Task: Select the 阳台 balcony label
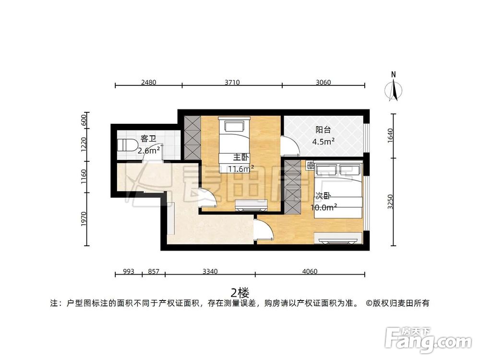[323, 130]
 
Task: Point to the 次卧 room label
[323, 196]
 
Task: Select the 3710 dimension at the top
[232, 82]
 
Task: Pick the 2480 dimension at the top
[148, 82]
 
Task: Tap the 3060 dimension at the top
[323, 82]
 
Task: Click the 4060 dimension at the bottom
[310, 271]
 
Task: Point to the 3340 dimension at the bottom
[210, 271]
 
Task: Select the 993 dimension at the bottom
[128, 271]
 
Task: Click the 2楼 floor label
[240, 292]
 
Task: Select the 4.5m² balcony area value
[323, 142]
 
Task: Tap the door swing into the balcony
[290, 146]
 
